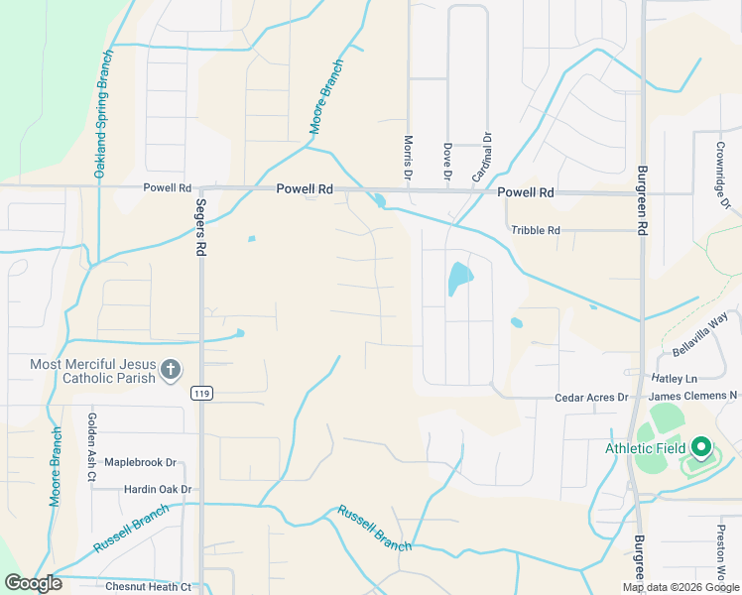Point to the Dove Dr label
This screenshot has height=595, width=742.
pyautogui.click(x=447, y=162)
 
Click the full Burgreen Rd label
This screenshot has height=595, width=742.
pyautogui.click(x=642, y=198)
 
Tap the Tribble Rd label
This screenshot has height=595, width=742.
pyautogui.click(x=536, y=230)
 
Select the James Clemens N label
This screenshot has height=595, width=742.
pyautogui.click(x=692, y=397)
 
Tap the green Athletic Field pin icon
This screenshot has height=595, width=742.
pyautogui.click(x=702, y=448)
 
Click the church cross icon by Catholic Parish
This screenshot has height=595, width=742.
pyautogui.click(x=171, y=370)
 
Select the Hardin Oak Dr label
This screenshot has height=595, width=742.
pyautogui.click(x=158, y=489)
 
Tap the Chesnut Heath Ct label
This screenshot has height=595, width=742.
pyautogui.click(x=148, y=587)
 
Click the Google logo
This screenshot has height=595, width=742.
pyautogui.click(x=33, y=583)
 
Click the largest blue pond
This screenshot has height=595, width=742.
pyautogui.click(x=458, y=279)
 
